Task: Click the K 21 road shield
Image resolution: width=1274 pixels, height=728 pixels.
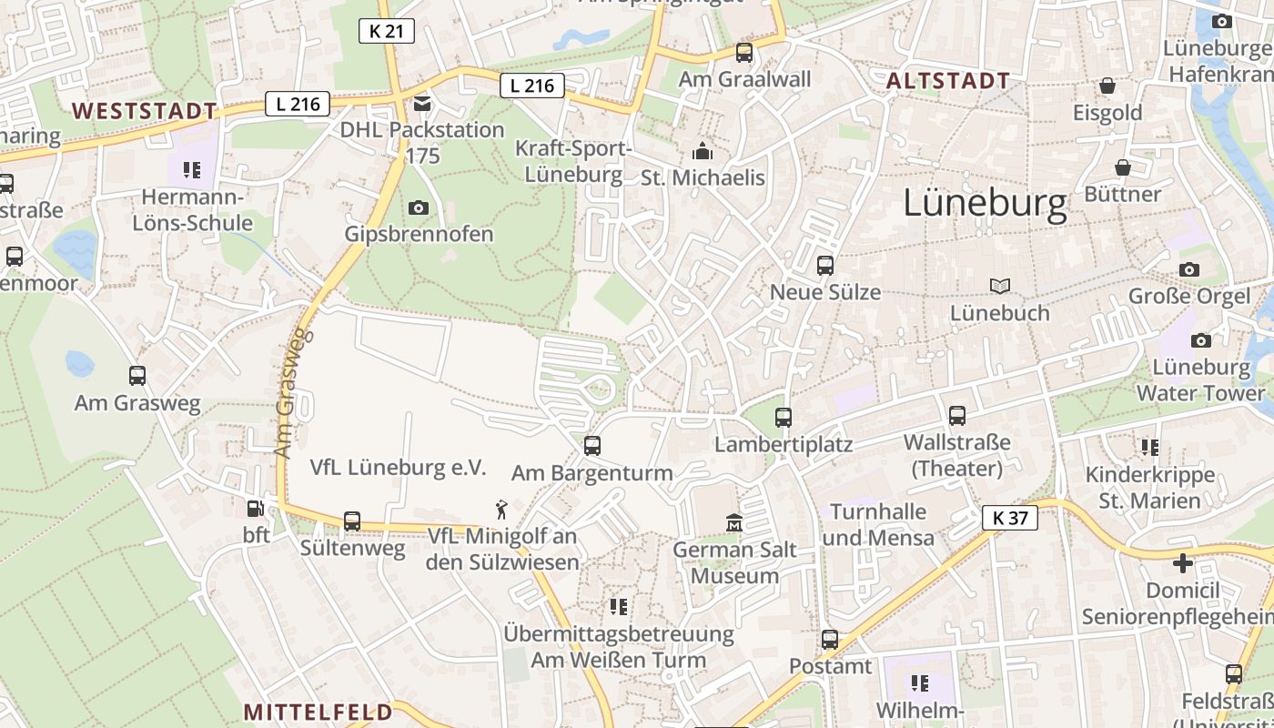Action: coord(386,31)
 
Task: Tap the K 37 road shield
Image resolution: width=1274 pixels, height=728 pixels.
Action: coord(1010,519)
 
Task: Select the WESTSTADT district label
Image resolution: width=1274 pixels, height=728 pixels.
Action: coord(145,111)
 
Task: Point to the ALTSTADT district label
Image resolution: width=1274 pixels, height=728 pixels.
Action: coord(948,81)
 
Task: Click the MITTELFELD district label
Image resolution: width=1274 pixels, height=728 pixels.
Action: coord(318,712)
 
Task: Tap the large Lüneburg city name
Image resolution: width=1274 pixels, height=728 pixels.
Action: coord(985,204)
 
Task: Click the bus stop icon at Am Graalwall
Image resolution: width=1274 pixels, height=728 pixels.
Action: coord(744,53)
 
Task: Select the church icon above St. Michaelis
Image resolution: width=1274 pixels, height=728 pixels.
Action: coord(703,150)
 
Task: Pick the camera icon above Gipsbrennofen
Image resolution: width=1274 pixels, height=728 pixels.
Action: coord(419,207)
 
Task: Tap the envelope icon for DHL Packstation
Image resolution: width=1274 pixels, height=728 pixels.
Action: coord(422,104)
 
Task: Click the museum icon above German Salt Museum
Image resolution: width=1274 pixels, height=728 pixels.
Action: coord(734,523)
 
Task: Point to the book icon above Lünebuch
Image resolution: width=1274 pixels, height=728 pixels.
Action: coord(1000,287)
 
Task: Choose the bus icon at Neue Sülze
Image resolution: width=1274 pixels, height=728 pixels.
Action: coord(825,266)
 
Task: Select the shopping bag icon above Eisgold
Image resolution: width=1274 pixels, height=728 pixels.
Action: coord(1107,86)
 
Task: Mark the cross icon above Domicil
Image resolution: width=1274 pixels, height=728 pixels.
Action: coord(1183,563)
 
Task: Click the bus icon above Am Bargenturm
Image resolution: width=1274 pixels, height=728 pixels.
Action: coord(592,446)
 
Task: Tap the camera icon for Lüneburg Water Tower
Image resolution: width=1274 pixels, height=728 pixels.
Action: coord(1201,340)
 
